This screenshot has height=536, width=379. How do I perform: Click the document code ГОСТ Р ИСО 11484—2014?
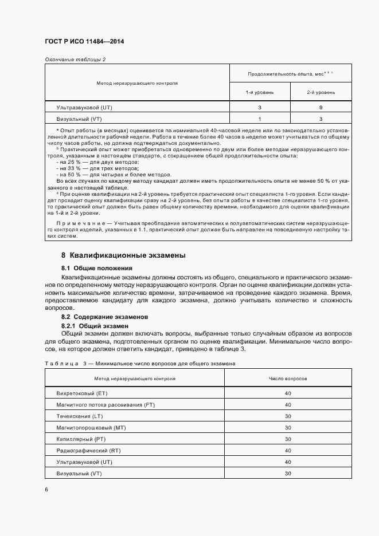pos(84,42)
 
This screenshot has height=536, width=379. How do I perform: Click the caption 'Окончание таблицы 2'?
pos(75,60)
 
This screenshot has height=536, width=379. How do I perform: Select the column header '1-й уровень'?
pos(260,92)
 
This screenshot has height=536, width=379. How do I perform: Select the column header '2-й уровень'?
pos(321,92)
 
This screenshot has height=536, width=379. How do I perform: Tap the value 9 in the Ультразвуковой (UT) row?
pos(321,108)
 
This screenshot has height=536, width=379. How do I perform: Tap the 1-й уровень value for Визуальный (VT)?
pos(260,119)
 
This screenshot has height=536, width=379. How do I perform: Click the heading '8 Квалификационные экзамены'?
pos(123,255)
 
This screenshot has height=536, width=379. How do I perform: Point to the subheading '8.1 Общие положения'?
pos(97,268)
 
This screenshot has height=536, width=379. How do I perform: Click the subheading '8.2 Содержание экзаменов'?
pos(105,317)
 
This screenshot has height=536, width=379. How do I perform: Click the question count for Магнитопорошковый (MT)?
pos(288,428)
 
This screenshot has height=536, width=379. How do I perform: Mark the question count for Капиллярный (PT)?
pos(288,439)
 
